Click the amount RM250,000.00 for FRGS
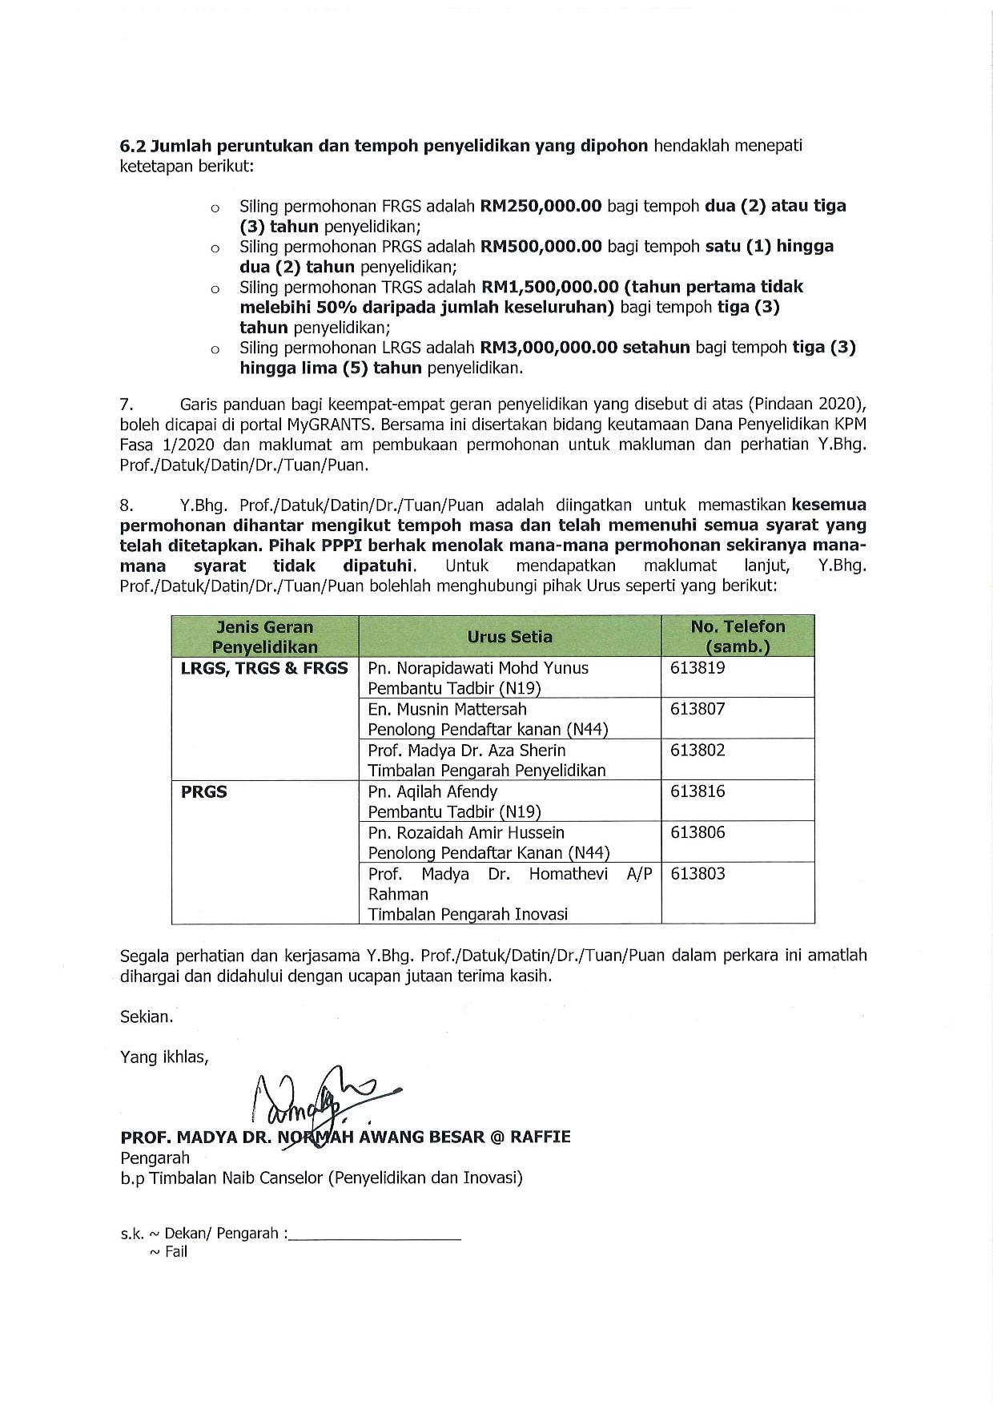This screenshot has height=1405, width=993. pos(541,206)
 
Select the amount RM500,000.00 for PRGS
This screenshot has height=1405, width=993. pos(541,246)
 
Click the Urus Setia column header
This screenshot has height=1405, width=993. pos(509,637)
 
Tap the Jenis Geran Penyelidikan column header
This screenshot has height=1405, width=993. pos(265,637)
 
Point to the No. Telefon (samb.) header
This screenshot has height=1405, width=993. pos(738,637)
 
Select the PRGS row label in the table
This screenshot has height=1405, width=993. pos(204,792)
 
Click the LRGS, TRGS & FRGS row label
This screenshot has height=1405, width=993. pos(264,668)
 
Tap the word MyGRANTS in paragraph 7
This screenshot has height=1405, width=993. pos(364,424)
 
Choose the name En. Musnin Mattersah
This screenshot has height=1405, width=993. pos(447,709)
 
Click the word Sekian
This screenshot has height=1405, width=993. pos(147,1017)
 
